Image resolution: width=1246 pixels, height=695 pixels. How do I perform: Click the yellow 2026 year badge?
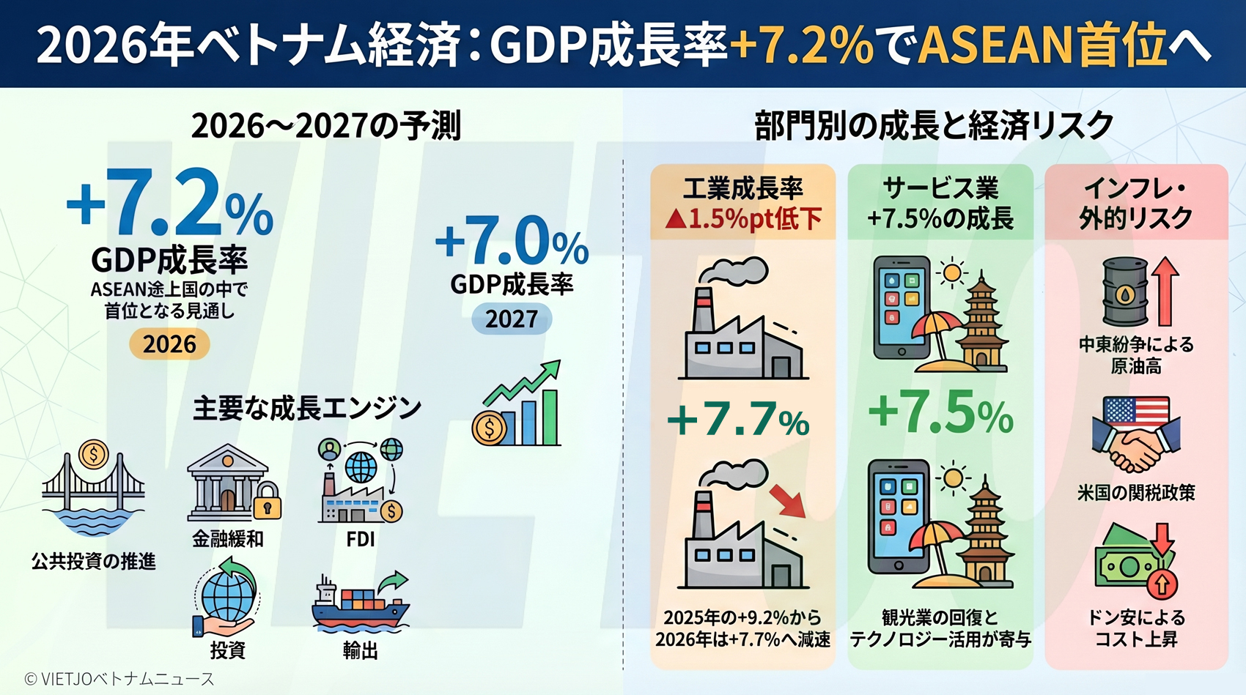tap(169, 344)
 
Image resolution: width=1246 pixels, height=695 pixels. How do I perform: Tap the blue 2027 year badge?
tap(512, 319)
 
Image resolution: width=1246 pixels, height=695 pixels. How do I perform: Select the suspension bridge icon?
tap(93, 488)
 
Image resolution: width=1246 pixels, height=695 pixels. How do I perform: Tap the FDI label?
tap(361, 540)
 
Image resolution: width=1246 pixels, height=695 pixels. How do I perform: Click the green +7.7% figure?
tap(738, 420)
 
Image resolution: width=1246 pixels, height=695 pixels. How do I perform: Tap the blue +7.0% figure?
tap(512, 242)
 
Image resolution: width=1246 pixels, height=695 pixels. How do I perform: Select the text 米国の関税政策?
tap(1136, 493)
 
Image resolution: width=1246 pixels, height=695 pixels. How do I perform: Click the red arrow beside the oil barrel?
tap(1165, 291)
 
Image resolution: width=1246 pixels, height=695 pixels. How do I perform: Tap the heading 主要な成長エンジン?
tap(307, 409)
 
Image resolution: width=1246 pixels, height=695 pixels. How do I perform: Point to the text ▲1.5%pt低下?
tap(743, 219)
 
